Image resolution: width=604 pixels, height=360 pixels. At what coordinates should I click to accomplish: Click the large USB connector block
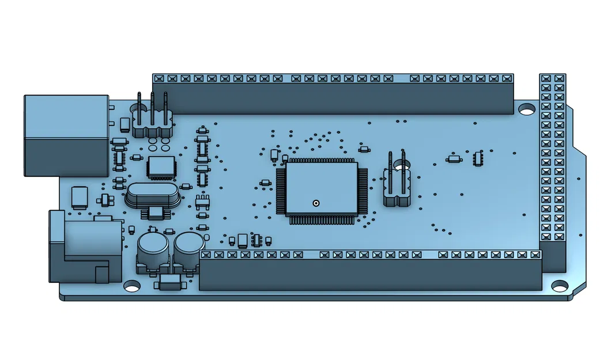tap(66, 136)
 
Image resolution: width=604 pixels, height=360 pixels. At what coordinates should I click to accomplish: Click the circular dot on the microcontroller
tap(315, 203)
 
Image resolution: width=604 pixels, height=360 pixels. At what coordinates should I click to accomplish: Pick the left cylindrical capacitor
tap(152, 250)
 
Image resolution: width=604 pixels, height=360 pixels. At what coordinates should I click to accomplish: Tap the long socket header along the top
tap(333, 93)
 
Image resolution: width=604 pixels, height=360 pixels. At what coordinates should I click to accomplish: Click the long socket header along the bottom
tap(370, 271)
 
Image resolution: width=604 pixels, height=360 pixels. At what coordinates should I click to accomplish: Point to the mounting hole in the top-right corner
tap(526, 108)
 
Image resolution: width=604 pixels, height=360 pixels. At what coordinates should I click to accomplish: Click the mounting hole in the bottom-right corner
tap(559, 285)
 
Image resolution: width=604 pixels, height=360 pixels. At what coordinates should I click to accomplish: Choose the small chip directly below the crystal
tap(156, 213)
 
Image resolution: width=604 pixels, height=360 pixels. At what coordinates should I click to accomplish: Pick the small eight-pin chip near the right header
tap(478, 158)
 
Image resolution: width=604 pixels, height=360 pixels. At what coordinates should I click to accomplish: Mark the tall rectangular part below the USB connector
tap(79, 196)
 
